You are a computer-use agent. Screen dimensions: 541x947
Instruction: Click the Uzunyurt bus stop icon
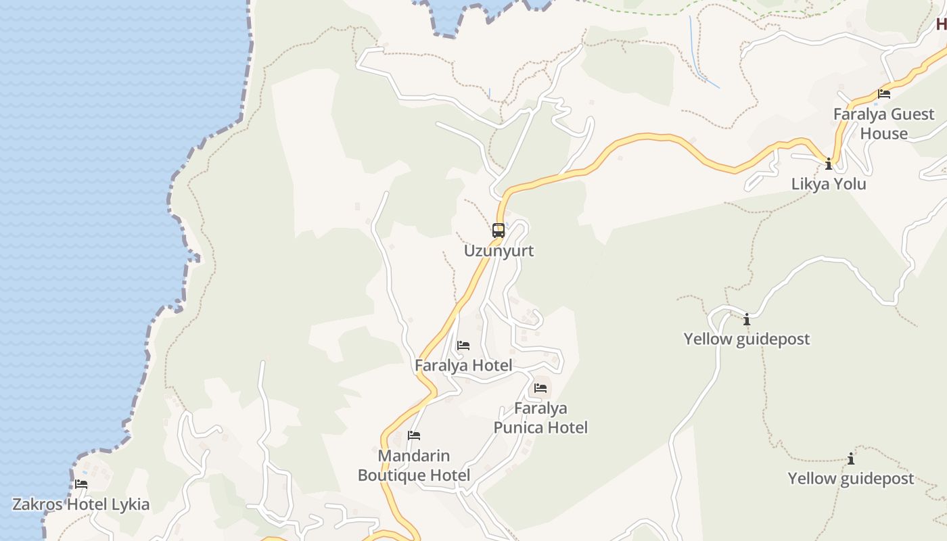click(x=499, y=231)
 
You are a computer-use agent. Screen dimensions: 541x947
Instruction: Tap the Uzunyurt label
click(x=499, y=251)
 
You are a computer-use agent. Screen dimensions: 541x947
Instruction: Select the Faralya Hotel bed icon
click(x=463, y=346)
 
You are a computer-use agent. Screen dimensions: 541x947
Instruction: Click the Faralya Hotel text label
click(x=463, y=366)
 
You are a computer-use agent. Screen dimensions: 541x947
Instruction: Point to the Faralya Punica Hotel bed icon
click(x=540, y=388)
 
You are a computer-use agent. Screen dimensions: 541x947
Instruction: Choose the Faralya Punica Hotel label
click(x=540, y=418)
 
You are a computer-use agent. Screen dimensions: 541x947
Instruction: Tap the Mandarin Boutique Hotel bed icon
click(x=414, y=436)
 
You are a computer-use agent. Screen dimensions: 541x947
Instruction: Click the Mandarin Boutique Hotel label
click(x=414, y=465)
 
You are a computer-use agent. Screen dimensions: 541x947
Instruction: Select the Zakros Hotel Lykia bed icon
click(x=81, y=484)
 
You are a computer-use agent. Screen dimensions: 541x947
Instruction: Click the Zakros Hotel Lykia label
click(x=81, y=504)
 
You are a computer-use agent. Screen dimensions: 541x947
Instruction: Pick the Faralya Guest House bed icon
click(x=884, y=94)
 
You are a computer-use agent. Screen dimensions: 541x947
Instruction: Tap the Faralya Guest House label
click(x=884, y=124)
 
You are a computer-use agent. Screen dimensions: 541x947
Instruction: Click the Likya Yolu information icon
click(x=829, y=164)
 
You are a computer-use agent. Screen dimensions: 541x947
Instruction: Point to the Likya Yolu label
click(x=829, y=184)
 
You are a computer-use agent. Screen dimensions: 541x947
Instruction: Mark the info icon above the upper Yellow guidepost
click(x=747, y=319)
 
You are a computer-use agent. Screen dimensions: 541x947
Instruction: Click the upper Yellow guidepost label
click(x=747, y=339)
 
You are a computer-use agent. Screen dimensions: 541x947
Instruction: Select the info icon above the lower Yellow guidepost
click(x=851, y=459)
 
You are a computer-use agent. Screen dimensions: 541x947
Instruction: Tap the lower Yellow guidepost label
click(x=851, y=479)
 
